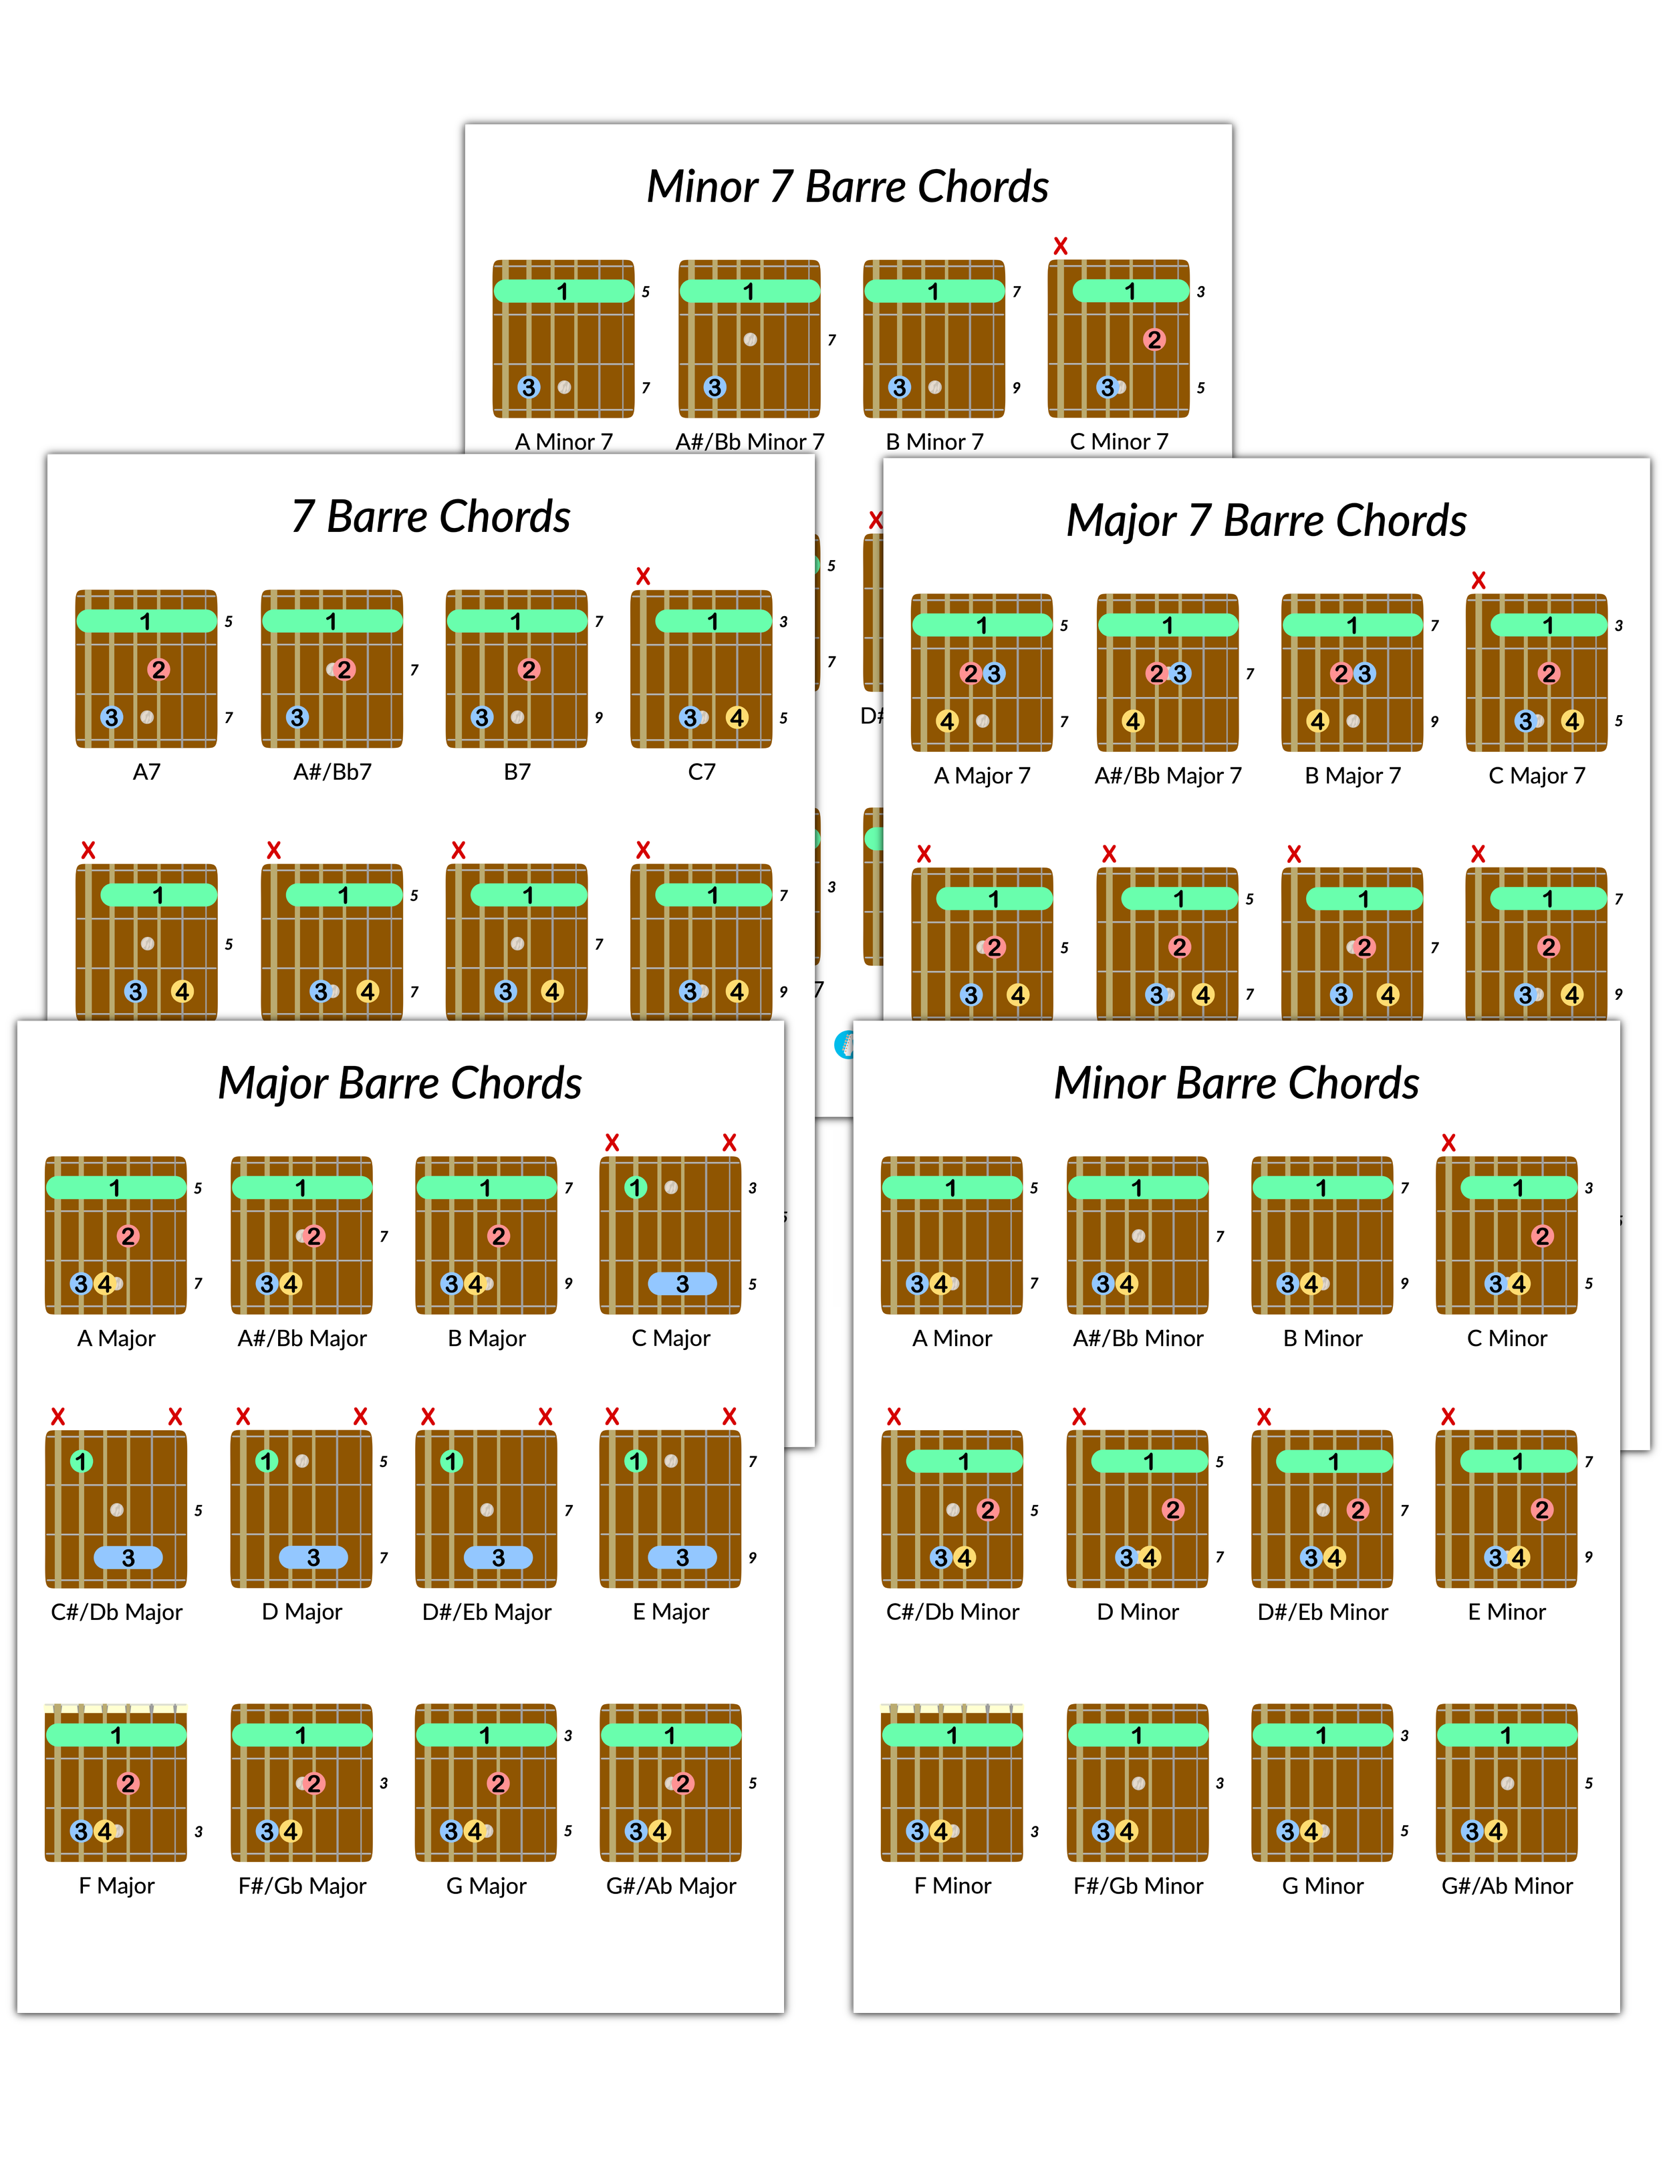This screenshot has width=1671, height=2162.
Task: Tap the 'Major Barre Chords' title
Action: tap(400, 1083)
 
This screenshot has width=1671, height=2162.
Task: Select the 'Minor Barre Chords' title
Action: tap(1237, 1083)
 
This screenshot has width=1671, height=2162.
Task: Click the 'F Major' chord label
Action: tap(117, 1886)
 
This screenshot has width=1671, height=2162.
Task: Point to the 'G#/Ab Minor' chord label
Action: tap(1507, 1886)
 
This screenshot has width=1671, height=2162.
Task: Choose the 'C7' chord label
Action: tap(701, 772)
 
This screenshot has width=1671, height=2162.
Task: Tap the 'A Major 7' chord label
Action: tap(982, 776)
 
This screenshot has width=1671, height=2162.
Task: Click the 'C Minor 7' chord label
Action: tap(1119, 442)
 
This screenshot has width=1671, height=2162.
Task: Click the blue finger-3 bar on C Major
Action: tap(682, 1284)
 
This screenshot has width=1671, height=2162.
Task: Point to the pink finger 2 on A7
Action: tap(158, 669)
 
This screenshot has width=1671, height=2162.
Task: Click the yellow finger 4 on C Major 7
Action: tap(1572, 720)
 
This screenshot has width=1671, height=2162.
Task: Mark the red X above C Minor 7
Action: tap(1060, 245)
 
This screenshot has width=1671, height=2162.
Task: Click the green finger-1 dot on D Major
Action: tap(266, 1461)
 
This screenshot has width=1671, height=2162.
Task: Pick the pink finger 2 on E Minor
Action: tap(1542, 1510)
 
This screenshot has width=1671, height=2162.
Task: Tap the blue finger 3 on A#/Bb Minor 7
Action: tap(715, 387)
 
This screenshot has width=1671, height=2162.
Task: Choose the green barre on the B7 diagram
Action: tap(516, 621)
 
